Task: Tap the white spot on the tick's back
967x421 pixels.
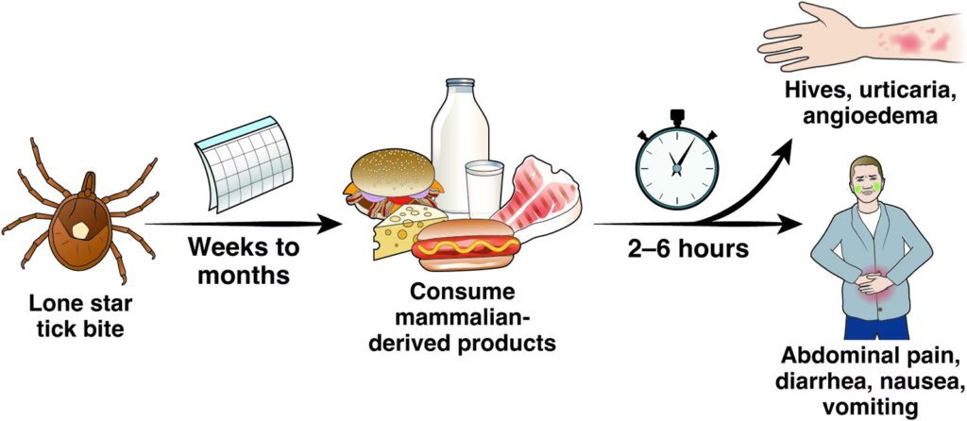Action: [81, 227]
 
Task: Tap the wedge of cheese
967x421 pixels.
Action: [401, 232]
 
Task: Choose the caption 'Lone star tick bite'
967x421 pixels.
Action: [79, 318]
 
